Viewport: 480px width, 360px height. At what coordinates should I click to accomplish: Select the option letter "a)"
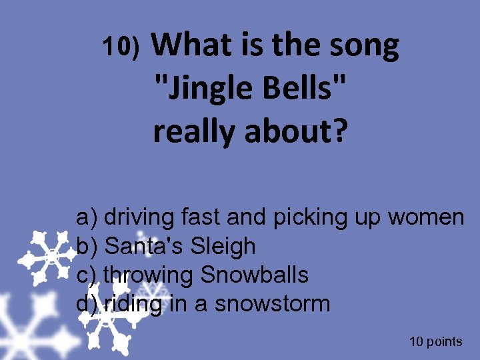coord(87,217)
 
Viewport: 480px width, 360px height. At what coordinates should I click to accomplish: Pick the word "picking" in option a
coord(311,217)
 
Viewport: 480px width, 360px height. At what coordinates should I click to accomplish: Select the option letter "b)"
coord(87,246)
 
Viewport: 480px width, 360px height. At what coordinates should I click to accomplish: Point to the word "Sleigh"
coord(223,246)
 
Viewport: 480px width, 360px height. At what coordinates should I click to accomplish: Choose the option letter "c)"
coord(87,275)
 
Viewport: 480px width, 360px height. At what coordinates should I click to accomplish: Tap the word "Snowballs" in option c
coord(254,275)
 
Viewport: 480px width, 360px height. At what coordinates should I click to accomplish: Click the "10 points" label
coord(435,342)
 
